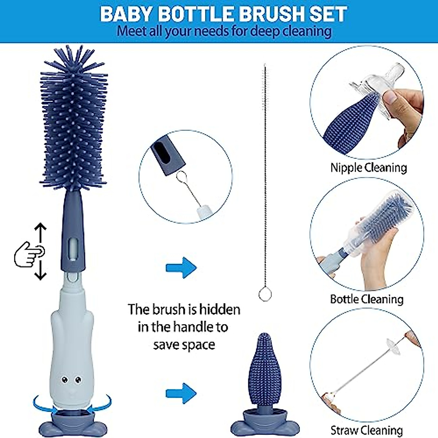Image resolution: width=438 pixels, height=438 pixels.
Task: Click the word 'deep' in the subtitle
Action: (265, 31)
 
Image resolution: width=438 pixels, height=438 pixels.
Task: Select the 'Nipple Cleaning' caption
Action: (368, 168)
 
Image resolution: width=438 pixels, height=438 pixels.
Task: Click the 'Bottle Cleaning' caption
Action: (366, 299)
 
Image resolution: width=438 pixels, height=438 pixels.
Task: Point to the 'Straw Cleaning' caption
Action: (366, 430)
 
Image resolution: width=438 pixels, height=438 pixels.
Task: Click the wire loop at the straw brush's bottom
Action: (265, 294)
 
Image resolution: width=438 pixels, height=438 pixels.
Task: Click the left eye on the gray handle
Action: (65, 380)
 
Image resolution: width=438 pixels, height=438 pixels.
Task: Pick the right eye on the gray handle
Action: (78, 380)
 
